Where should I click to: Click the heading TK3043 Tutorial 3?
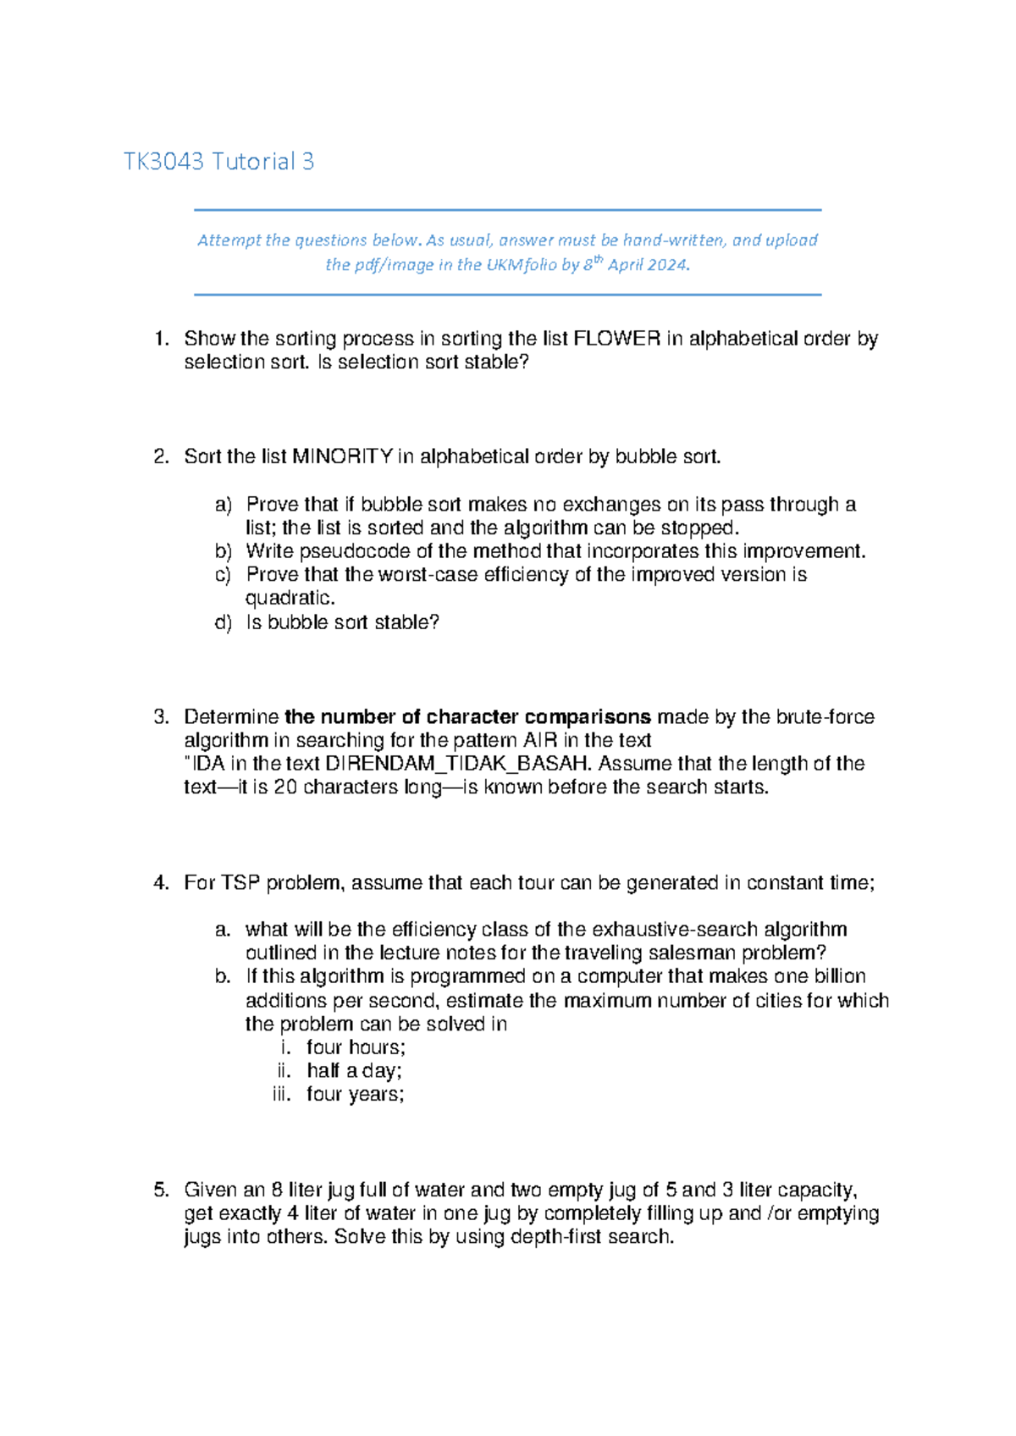(218, 162)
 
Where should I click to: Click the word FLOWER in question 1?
(616, 339)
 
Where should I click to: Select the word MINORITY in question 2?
(342, 457)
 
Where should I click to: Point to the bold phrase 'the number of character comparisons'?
(467, 717)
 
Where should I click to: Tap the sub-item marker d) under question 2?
(223, 623)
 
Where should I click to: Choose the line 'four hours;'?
(356, 1047)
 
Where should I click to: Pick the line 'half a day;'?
(354, 1071)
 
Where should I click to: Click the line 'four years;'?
(356, 1095)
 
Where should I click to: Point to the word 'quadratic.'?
(290, 599)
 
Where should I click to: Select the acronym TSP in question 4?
(240, 883)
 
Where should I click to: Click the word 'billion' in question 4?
(839, 976)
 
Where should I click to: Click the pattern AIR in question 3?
(540, 741)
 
